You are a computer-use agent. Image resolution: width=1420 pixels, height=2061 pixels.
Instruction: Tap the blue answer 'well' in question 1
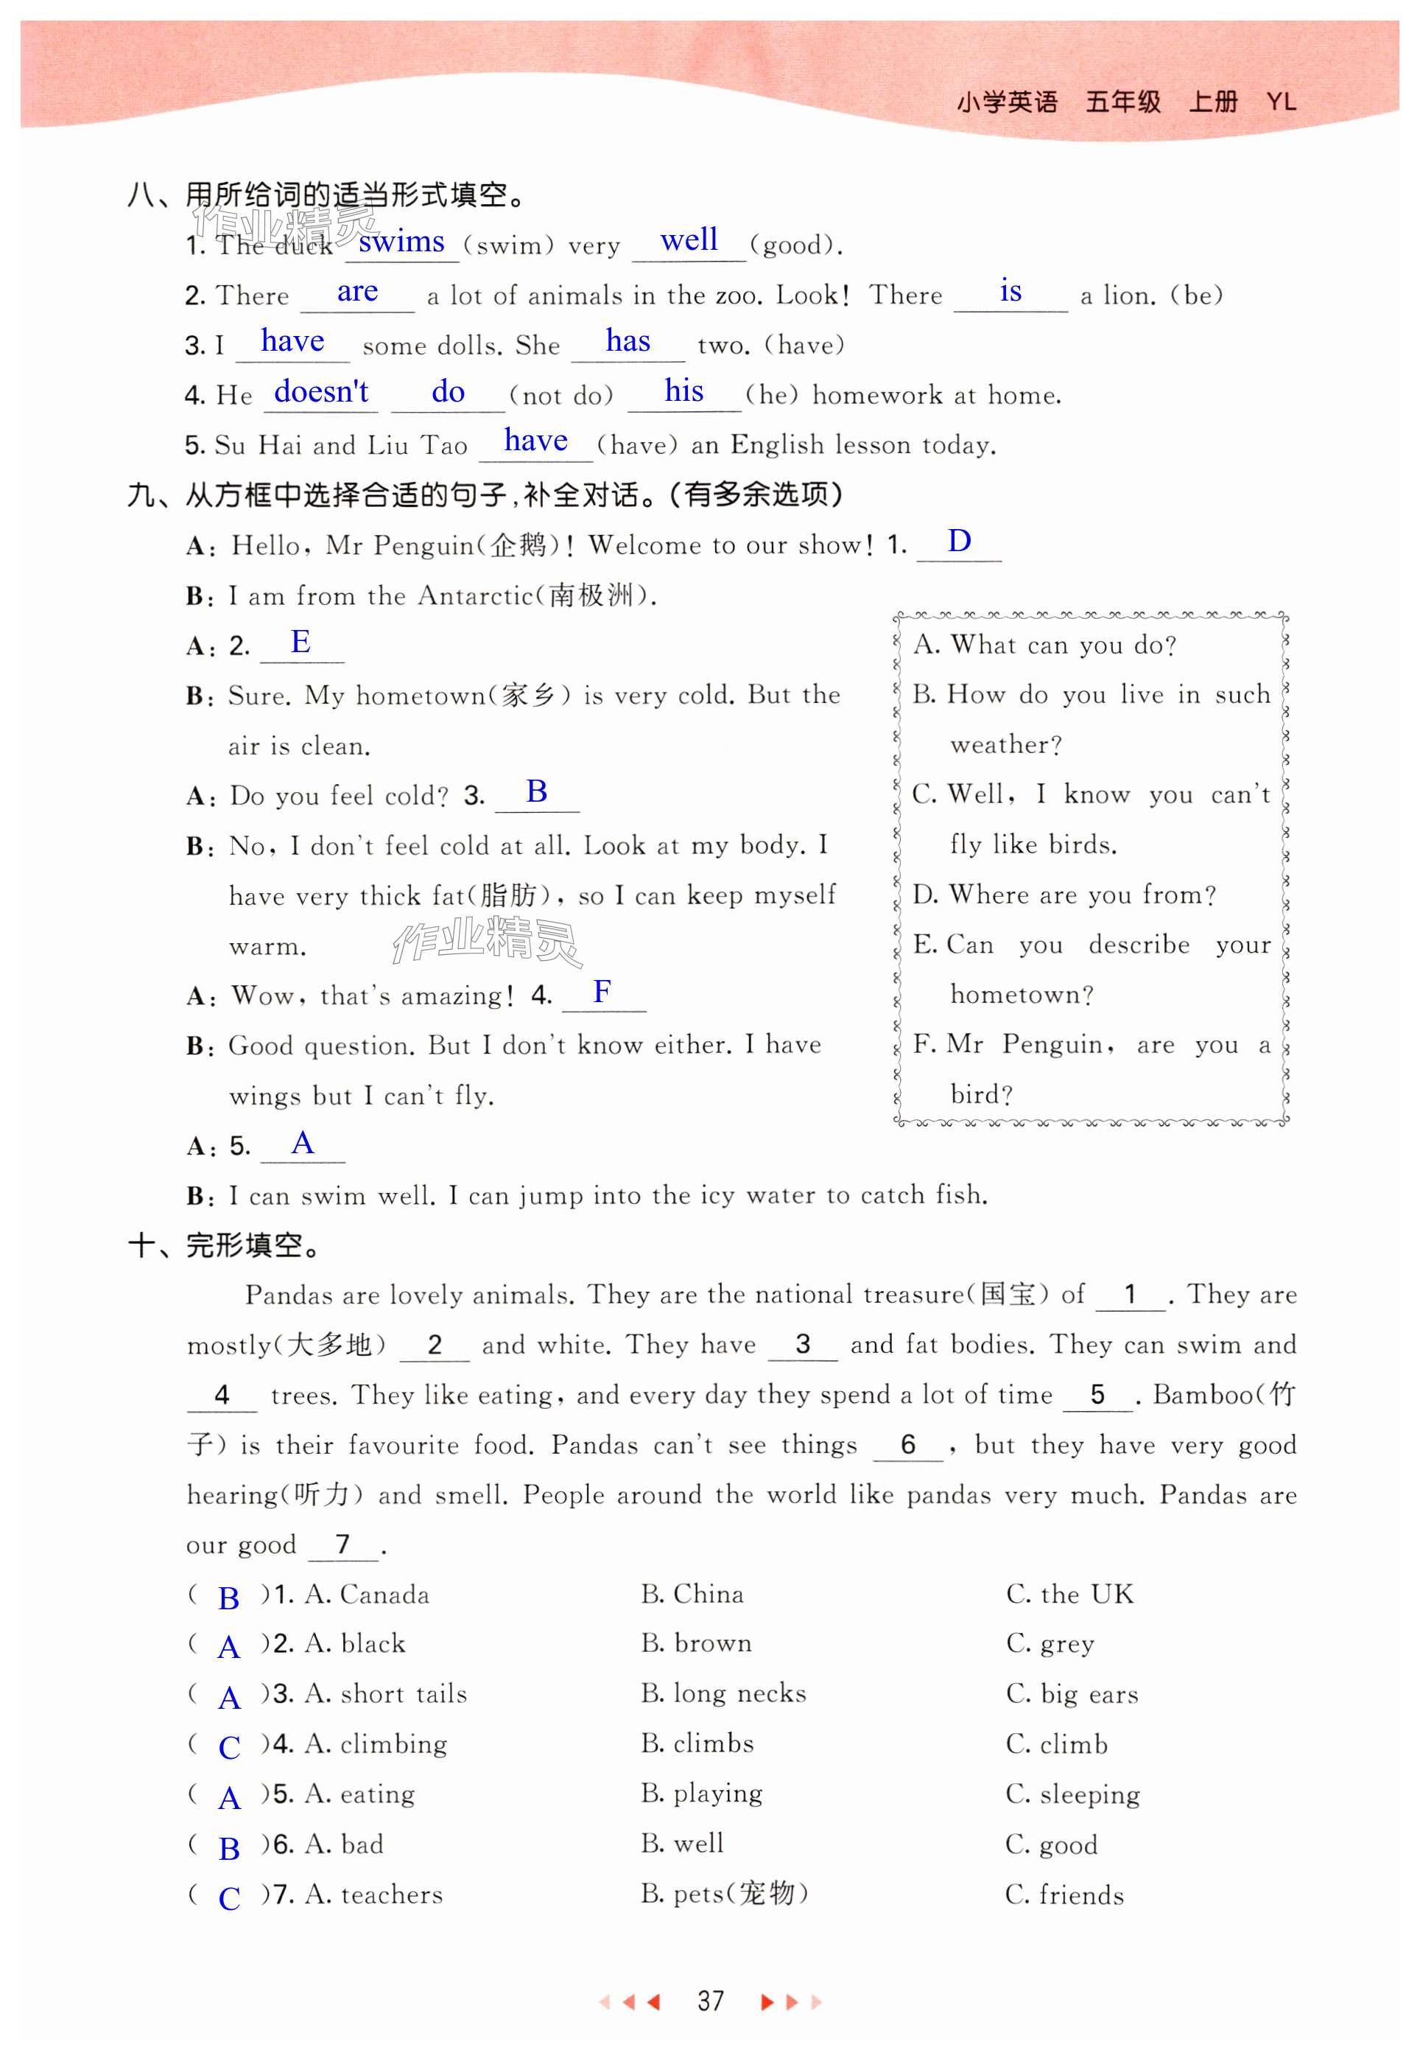click(689, 240)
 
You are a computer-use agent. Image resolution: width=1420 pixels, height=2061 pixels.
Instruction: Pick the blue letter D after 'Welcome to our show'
click(958, 541)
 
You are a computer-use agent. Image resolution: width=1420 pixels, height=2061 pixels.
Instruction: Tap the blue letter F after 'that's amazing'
click(602, 991)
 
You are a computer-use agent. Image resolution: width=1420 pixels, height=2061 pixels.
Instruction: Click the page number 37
click(710, 2001)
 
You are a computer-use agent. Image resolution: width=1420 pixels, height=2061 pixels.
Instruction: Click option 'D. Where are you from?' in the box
click(1064, 895)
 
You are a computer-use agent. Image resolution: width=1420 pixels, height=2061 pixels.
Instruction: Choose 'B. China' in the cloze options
click(692, 1594)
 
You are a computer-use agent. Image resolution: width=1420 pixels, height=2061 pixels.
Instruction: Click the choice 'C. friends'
click(1064, 1894)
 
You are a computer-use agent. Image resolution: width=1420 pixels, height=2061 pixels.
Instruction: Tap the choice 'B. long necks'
click(723, 1693)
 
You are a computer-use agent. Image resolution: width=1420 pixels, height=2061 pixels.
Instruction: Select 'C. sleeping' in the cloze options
click(1072, 1794)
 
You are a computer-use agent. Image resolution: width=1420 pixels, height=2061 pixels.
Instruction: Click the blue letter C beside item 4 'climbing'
click(228, 1748)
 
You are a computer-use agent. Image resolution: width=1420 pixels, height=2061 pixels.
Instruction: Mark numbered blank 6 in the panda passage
click(907, 1444)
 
